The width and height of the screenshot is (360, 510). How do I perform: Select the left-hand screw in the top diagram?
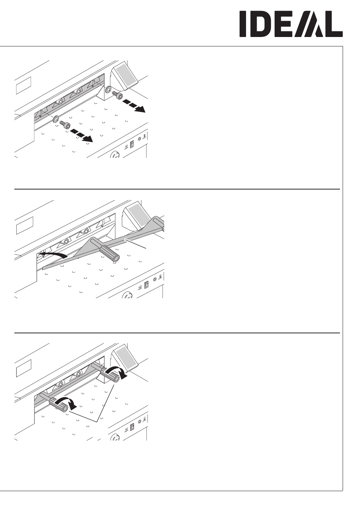click(x=65, y=124)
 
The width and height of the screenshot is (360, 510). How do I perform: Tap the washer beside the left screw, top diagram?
click(x=56, y=119)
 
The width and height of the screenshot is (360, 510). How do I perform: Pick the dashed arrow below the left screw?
click(x=82, y=136)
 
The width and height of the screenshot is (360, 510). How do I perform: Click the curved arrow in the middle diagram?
click(x=53, y=254)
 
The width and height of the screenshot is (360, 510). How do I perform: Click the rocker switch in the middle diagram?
click(x=147, y=285)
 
